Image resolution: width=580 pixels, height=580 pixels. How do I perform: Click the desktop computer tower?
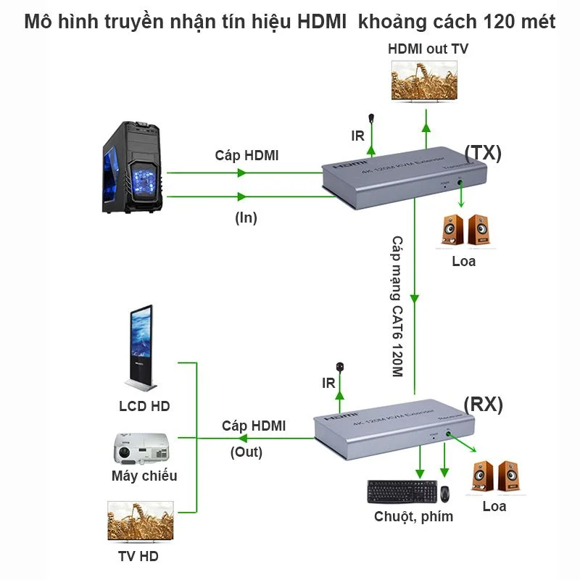tap(133, 166)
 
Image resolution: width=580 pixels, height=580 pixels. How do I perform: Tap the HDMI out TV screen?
tap(425, 80)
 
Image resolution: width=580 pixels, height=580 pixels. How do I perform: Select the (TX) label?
tap(482, 152)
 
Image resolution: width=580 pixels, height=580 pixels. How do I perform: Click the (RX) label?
tap(483, 404)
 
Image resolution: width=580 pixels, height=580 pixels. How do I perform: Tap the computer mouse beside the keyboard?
tap(444, 493)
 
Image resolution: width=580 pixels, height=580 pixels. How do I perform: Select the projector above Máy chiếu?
tap(141, 449)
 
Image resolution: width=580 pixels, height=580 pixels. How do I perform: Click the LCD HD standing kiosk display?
tap(141, 348)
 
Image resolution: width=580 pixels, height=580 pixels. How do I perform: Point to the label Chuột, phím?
tap(413, 516)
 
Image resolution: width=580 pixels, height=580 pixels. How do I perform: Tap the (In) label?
tap(246, 217)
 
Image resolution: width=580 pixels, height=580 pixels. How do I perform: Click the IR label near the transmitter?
tap(357, 136)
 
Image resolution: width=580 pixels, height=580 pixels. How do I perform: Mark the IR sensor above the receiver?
tap(339, 369)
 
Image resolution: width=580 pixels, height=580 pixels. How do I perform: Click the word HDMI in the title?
tap(324, 21)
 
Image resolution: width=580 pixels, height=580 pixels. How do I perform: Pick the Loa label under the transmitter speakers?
tap(463, 260)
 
